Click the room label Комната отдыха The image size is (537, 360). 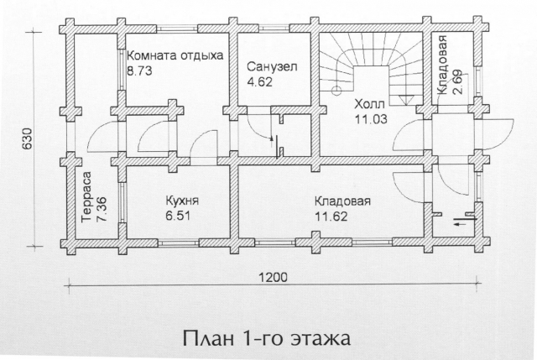tap(175, 55)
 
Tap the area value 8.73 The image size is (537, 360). tap(139, 70)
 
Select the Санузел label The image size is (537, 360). tap(272, 66)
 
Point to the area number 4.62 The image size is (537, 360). tap(259, 82)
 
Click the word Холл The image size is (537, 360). tap(369, 103)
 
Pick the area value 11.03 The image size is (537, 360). tap(371, 119)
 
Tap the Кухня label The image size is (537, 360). tap(182, 201)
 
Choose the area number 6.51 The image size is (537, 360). tap(177, 216)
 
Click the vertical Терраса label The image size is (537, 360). tap(87, 197)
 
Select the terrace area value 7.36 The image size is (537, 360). tap(102, 209)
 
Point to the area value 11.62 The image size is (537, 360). tap(331, 217)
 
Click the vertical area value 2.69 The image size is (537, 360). tap(457, 82)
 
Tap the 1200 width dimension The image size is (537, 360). tap(273, 277)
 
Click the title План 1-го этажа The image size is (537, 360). tap(267, 337)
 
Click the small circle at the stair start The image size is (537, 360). tap(336, 91)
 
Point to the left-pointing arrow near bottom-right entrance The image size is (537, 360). tap(462, 224)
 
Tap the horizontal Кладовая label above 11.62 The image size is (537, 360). tap(342, 201)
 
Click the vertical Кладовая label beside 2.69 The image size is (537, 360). tap(442, 65)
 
